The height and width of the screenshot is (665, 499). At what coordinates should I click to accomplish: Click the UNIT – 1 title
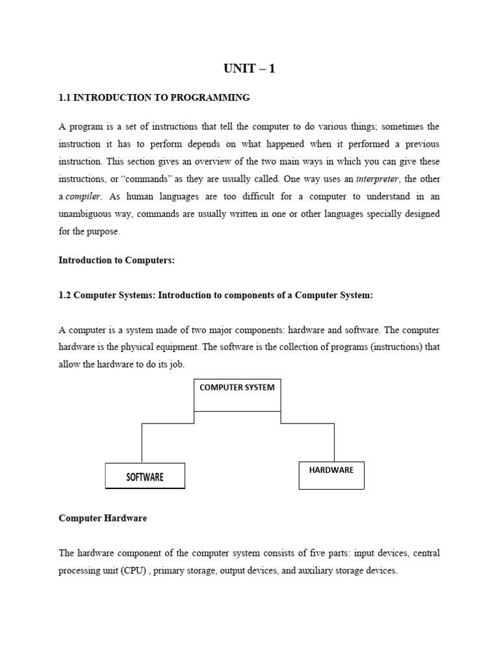click(x=249, y=68)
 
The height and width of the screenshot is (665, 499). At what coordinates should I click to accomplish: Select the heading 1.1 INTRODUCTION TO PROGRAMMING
click(x=154, y=98)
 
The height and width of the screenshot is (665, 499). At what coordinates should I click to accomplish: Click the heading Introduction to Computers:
click(x=117, y=260)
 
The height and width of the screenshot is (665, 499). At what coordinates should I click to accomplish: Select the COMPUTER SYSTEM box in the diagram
click(x=237, y=395)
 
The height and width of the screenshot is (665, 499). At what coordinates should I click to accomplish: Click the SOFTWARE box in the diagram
click(x=145, y=476)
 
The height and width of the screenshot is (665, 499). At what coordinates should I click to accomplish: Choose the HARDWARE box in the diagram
click(x=331, y=475)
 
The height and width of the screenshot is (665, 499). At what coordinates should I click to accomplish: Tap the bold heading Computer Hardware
click(x=103, y=518)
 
